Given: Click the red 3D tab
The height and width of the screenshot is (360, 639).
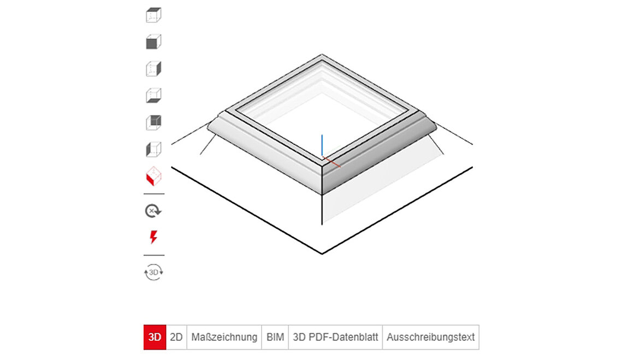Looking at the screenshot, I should coord(155,337).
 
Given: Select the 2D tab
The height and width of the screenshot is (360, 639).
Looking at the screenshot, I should coord(176,337).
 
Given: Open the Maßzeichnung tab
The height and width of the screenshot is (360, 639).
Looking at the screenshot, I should coord(224,337).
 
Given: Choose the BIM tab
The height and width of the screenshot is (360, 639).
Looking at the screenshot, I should coord(275,337).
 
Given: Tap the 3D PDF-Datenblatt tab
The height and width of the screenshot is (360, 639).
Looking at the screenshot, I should coord(335,337).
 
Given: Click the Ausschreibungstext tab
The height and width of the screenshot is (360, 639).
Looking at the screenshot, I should coord(430,337).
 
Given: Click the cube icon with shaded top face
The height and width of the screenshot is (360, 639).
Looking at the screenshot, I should coord(153,15).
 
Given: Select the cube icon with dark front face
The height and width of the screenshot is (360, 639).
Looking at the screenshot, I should coord(153,42).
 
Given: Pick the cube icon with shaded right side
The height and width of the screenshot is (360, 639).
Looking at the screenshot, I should coord(153,69).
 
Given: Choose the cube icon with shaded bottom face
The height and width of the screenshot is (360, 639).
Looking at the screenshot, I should coord(153,96).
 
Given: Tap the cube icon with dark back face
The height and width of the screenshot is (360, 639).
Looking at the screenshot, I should coord(153,122).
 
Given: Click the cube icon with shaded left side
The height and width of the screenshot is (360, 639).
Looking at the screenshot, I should coord(153,149).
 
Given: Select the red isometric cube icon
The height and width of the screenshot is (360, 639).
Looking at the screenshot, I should coord(153,176).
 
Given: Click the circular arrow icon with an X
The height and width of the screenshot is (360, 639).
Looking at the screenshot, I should coord(153,211).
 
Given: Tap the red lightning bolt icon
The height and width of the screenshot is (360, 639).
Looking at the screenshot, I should coord(153,237).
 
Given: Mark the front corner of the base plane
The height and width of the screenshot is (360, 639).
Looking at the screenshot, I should coord(322,253).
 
